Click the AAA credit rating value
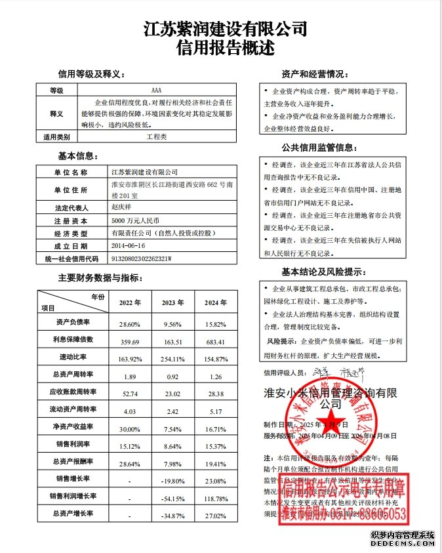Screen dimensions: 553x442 pos(155,90)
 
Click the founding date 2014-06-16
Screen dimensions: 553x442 pos(127,245)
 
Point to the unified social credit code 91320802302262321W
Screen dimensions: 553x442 pos(141,258)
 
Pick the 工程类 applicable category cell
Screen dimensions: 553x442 pos(157,137)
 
